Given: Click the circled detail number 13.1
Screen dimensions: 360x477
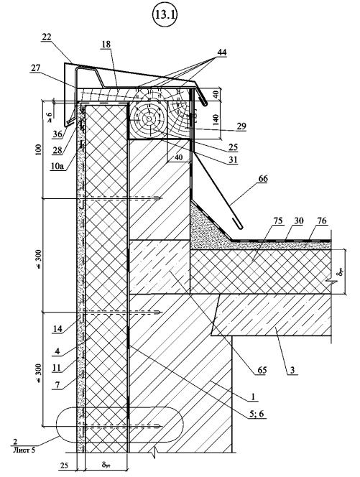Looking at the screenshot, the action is click(165, 16).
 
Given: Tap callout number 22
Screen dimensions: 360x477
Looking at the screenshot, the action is click(47, 37).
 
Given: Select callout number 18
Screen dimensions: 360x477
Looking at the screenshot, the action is click(106, 45).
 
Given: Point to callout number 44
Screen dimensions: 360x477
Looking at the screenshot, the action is click(222, 52).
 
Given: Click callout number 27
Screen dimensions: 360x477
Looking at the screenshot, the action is click(35, 68).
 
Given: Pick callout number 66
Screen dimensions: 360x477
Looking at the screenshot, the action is click(262, 179).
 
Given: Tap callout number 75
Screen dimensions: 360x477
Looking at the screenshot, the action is click(279, 221).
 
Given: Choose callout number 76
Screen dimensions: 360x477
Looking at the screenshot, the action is click(322, 221).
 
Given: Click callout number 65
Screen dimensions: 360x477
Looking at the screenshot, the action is click(262, 370).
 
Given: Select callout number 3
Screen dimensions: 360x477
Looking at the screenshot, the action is click(292, 370).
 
